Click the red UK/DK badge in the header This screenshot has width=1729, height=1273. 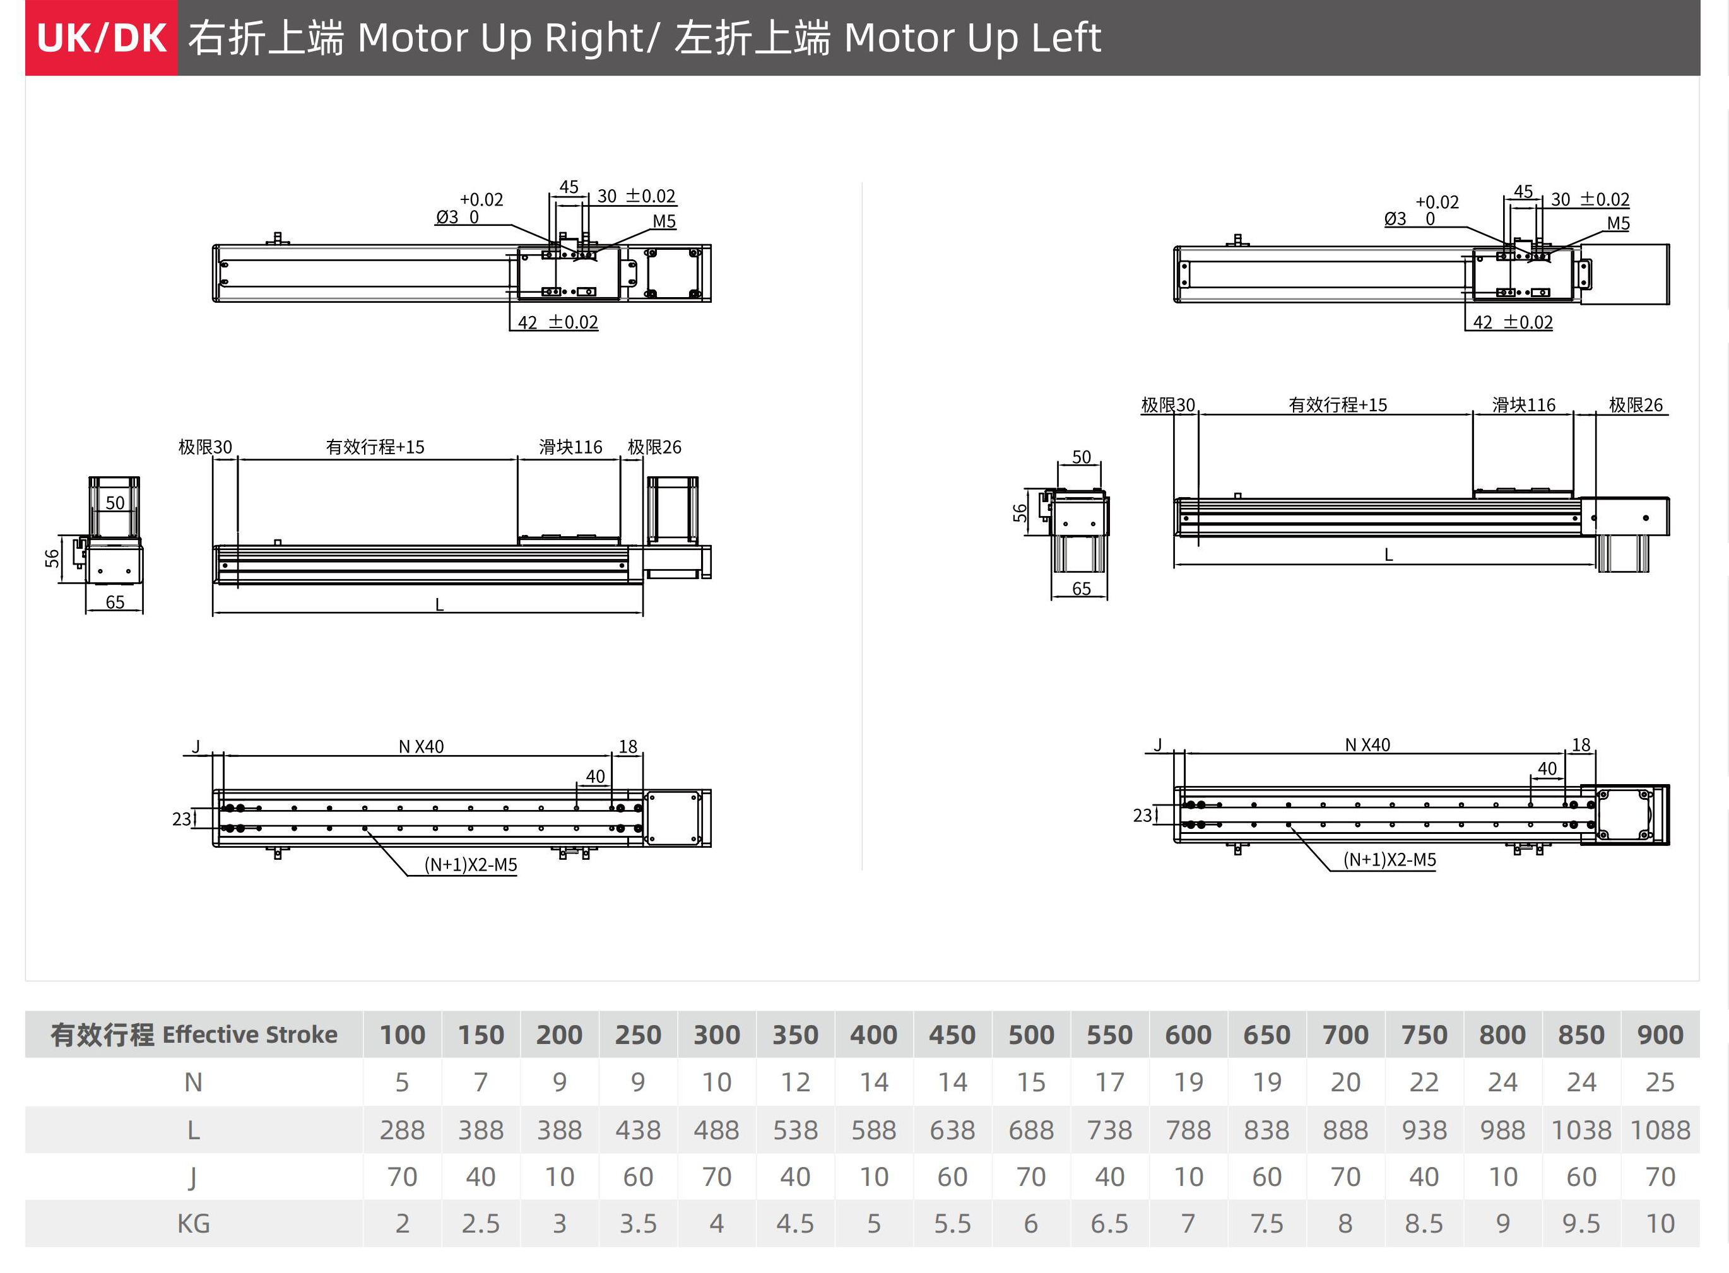coord(102,38)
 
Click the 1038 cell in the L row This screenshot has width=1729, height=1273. coord(1581,1130)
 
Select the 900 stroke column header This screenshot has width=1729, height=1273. coord(1660,1034)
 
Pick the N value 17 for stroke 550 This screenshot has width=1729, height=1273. coord(1109,1082)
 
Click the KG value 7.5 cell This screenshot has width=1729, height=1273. coord(1266,1223)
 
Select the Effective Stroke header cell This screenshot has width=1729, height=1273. coord(194,1034)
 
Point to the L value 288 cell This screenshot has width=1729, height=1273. coord(401,1130)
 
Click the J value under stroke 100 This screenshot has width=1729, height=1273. coord(401,1176)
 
